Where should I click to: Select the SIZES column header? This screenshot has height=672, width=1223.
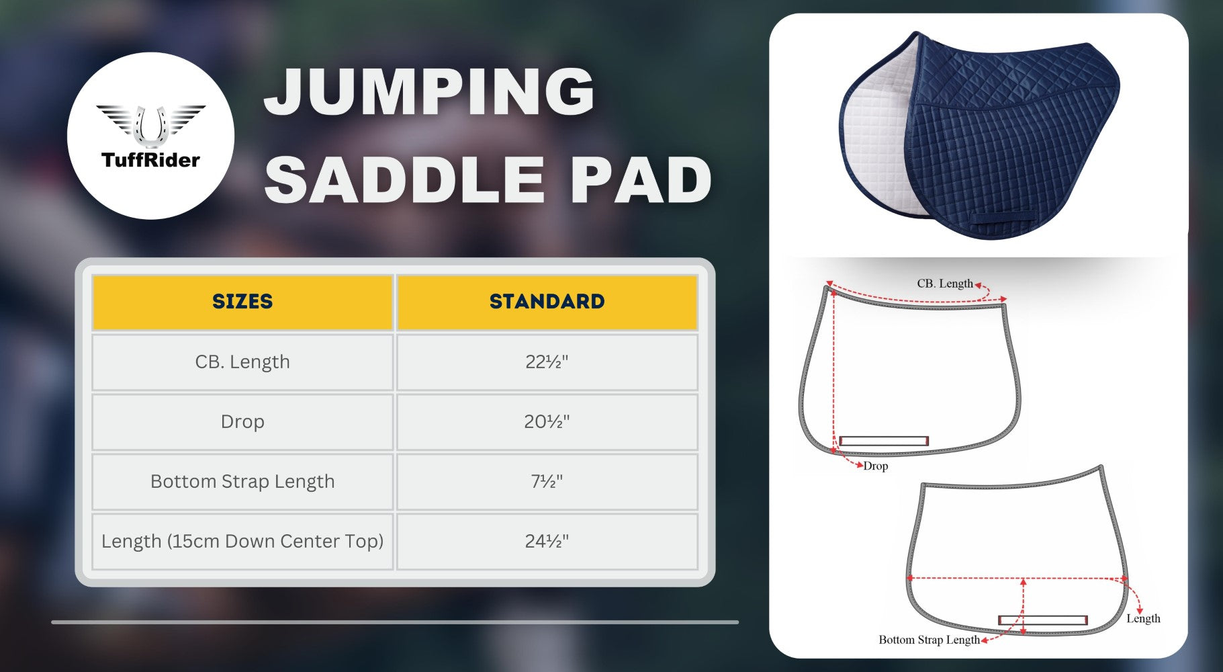pyautogui.click(x=242, y=302)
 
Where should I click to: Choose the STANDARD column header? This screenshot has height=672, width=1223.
pyautogui.click(x=547, y=302)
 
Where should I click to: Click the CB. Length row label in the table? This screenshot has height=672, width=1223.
pyautogui.click(x=242, y=362)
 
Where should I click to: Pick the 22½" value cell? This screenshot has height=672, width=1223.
pyautogui.click(x=547, y=362)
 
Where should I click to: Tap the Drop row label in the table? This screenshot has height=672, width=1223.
pyautogui.click(x=242, y=421)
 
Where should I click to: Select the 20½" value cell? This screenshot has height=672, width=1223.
pyautogui.click(x=547, y=421)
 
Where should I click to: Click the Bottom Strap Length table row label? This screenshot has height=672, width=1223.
pyautogui.click(x=242, y=481)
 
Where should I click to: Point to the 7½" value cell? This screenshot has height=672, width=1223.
pyautogui.click(x=547, y=481)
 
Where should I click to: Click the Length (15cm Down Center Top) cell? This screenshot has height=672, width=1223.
pyautogui.click(x=242, y=541)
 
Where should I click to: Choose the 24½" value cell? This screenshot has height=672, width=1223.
pyautogui.click(x=547, y=541)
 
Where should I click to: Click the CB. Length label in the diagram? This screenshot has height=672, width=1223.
pyautogui.click(x=945, y=284)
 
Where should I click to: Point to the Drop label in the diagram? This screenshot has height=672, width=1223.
pyautogui.click(x=876, y=466)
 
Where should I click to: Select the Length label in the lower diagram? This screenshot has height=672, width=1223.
pyautogui.click(x=1143, y=618)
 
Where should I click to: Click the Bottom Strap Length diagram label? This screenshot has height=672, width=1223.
pyautogui.click(x=929, y=640)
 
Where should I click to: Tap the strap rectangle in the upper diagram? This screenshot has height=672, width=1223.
pyautogui.click(x=884, y=441)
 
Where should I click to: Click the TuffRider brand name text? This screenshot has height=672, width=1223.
pyautogui.click(x=150, y=160)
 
